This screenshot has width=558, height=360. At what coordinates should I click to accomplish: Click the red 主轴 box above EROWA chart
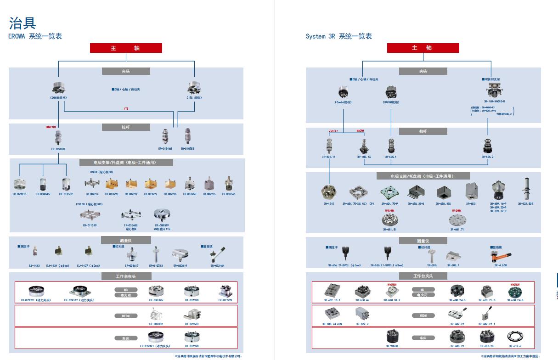point(126,48)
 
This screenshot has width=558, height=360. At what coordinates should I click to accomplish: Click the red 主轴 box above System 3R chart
point(423,48)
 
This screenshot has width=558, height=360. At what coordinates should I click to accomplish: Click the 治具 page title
point(23,23)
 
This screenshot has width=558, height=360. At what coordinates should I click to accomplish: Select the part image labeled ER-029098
point(58,138)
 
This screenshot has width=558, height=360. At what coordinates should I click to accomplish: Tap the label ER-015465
point(165,149)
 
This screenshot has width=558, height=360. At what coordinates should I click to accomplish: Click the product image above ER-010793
point(112,184)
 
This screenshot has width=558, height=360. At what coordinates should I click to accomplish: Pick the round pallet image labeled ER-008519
point(161,215)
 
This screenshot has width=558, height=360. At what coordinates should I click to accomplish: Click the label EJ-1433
point(33,265)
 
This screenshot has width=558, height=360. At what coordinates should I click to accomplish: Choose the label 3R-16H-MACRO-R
point(494,101)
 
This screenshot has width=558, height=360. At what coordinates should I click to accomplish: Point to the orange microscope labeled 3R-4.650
point(501,255)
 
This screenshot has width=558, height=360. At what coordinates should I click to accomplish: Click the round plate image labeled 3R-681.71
point(456,220)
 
